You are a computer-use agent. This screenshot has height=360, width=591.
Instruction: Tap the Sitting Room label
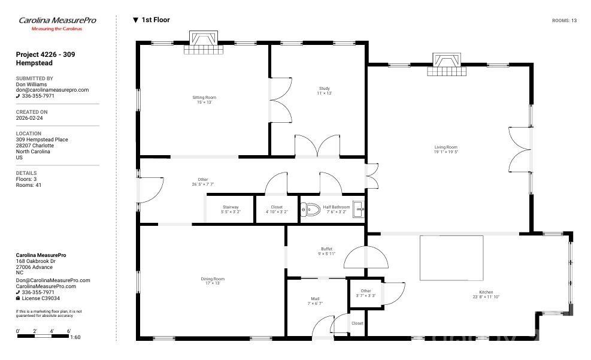[x=204, y=99]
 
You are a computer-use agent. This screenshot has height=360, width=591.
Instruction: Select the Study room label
[x=324, y=91]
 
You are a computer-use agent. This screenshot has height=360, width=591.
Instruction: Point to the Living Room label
[x=445, y=149]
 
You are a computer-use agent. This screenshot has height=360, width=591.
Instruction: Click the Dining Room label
[x=212, y=281]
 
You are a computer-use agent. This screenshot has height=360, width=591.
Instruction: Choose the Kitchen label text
[x=486, y=294]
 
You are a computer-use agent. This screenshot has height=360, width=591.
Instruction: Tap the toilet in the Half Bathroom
[x=310, y=210]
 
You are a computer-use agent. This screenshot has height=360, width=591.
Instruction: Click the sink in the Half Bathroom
[x=358, y=209]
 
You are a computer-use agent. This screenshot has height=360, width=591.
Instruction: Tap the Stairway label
[x=231, y=209]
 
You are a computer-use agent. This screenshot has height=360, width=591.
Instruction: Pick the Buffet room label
[x=326, y=251]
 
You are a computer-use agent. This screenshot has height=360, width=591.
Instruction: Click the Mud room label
[x=315, y=301]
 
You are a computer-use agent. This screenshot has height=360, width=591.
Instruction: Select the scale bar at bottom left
[x=43, y=336]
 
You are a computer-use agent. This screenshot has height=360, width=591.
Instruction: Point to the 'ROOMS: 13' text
[x=564, y=21]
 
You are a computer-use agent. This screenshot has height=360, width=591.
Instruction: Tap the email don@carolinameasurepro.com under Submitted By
[x=52, y=90]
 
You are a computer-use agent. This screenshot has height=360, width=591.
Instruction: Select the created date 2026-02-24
[x=29, y=118]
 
